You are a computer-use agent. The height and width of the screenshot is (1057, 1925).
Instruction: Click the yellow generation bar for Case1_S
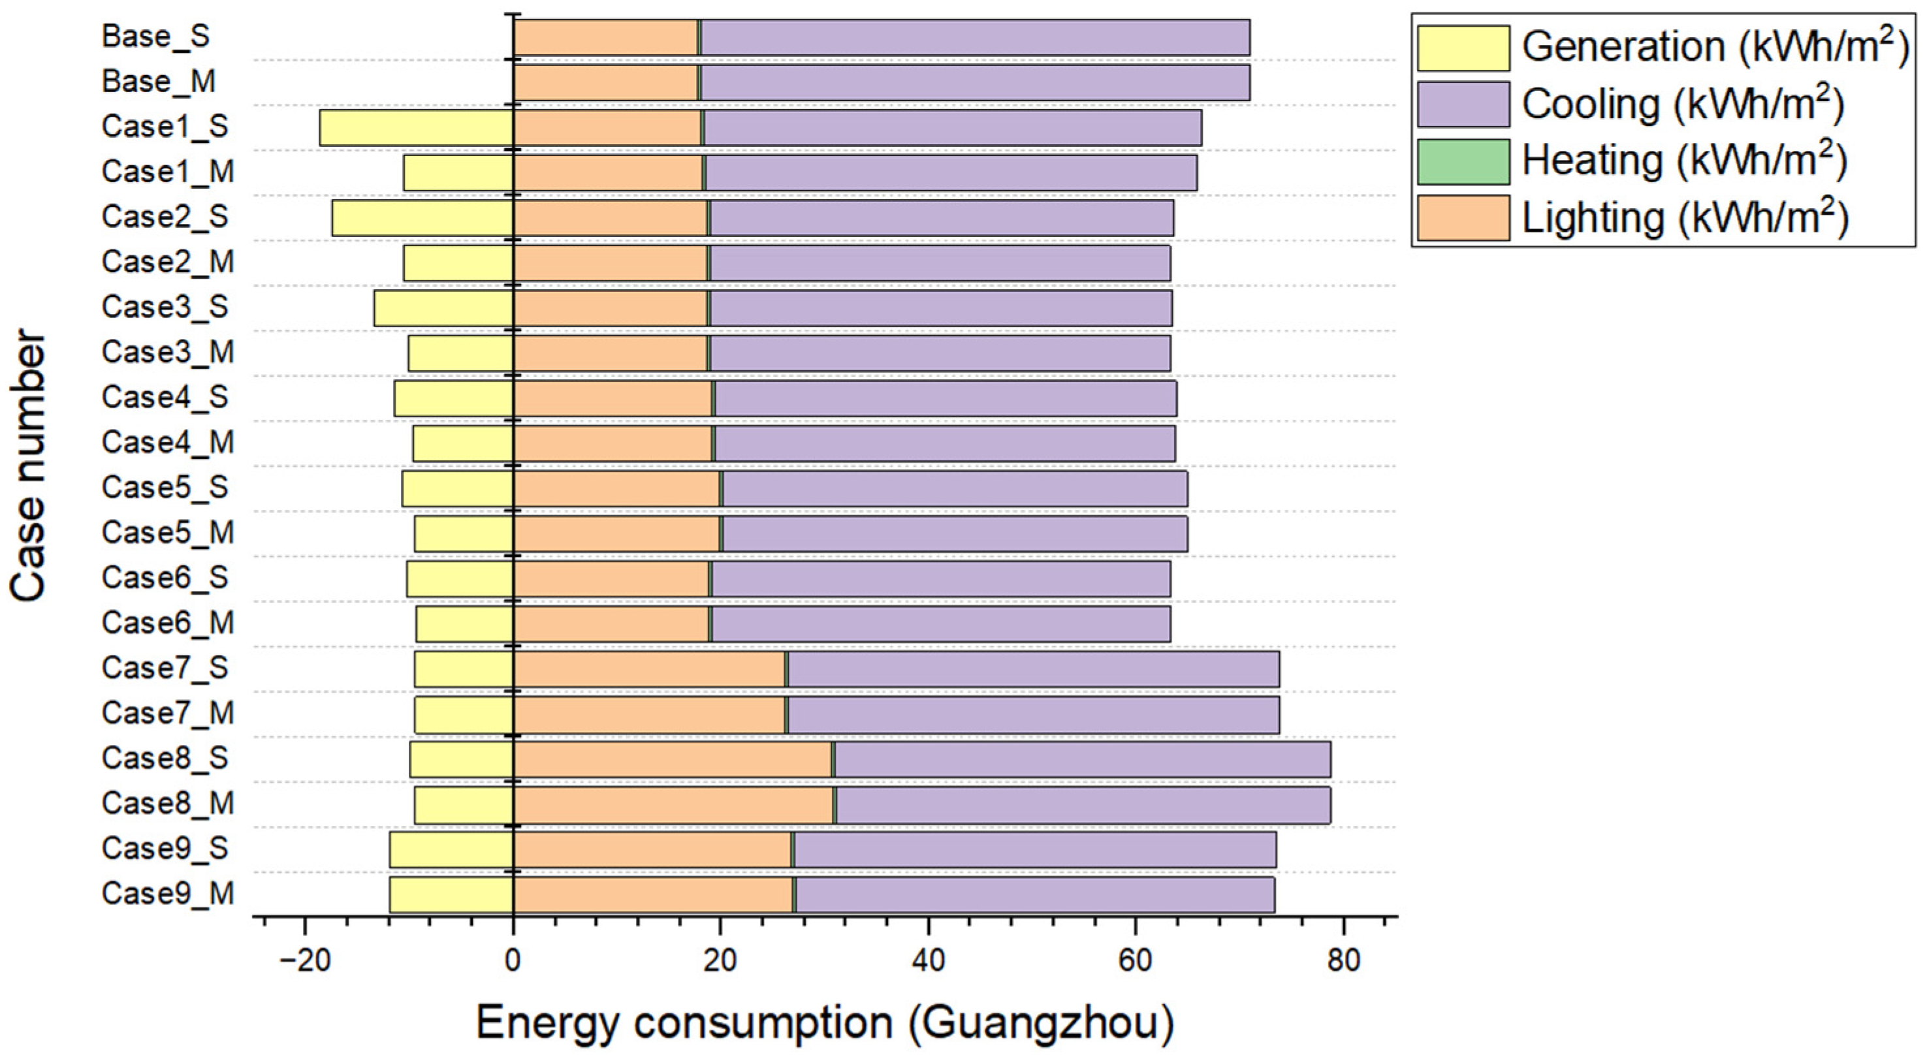(x=416, y=128)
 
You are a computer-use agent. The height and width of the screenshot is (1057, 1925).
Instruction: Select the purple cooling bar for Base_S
(x=974, y=37)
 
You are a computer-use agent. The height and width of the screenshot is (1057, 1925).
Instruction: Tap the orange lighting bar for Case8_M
(x=673, y=804)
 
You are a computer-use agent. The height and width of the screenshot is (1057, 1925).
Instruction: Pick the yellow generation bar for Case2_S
(x=422, y=218)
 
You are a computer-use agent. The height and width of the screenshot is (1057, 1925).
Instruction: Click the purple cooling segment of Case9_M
(x=1034, y=895)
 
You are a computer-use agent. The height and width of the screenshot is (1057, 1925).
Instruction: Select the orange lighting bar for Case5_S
(x=616, y=488)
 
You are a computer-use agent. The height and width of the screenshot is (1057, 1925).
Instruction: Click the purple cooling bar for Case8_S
(x=1081, y=760)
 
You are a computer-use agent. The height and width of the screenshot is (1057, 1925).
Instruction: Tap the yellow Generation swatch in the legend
(x=1463, y=48)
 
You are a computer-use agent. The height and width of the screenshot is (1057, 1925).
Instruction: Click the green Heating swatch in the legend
(x=1463, y=161)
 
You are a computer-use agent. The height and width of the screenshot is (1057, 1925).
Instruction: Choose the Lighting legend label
(x=1685, y=218)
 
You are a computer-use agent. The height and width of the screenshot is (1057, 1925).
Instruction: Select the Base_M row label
(x=159, y=82)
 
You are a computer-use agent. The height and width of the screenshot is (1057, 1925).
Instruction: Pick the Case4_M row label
(x=167, y=442)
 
